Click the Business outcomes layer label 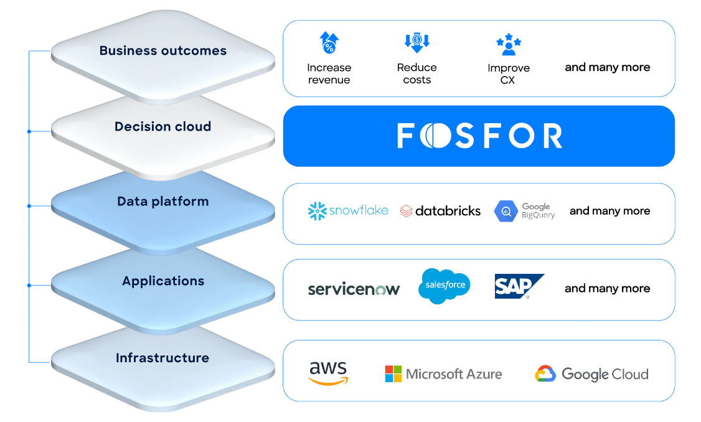(162, 50)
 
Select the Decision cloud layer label (162, 126)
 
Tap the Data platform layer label (162, 202)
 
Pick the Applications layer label (163, 281)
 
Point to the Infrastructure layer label (162, 358)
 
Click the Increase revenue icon (329, 43)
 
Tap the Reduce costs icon (416, 42)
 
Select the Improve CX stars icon (509, 44)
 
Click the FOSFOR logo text (479, 136)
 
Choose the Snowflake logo (348, 210)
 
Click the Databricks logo (440, 211)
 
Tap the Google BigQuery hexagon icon (506, 211)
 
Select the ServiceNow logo (354, 289)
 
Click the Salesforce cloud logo (444, 286)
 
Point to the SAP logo (519, 286)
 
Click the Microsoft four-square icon (393, 373)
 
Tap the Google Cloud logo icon (545, 373)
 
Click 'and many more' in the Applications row (607, 288)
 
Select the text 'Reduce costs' (416, 73)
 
